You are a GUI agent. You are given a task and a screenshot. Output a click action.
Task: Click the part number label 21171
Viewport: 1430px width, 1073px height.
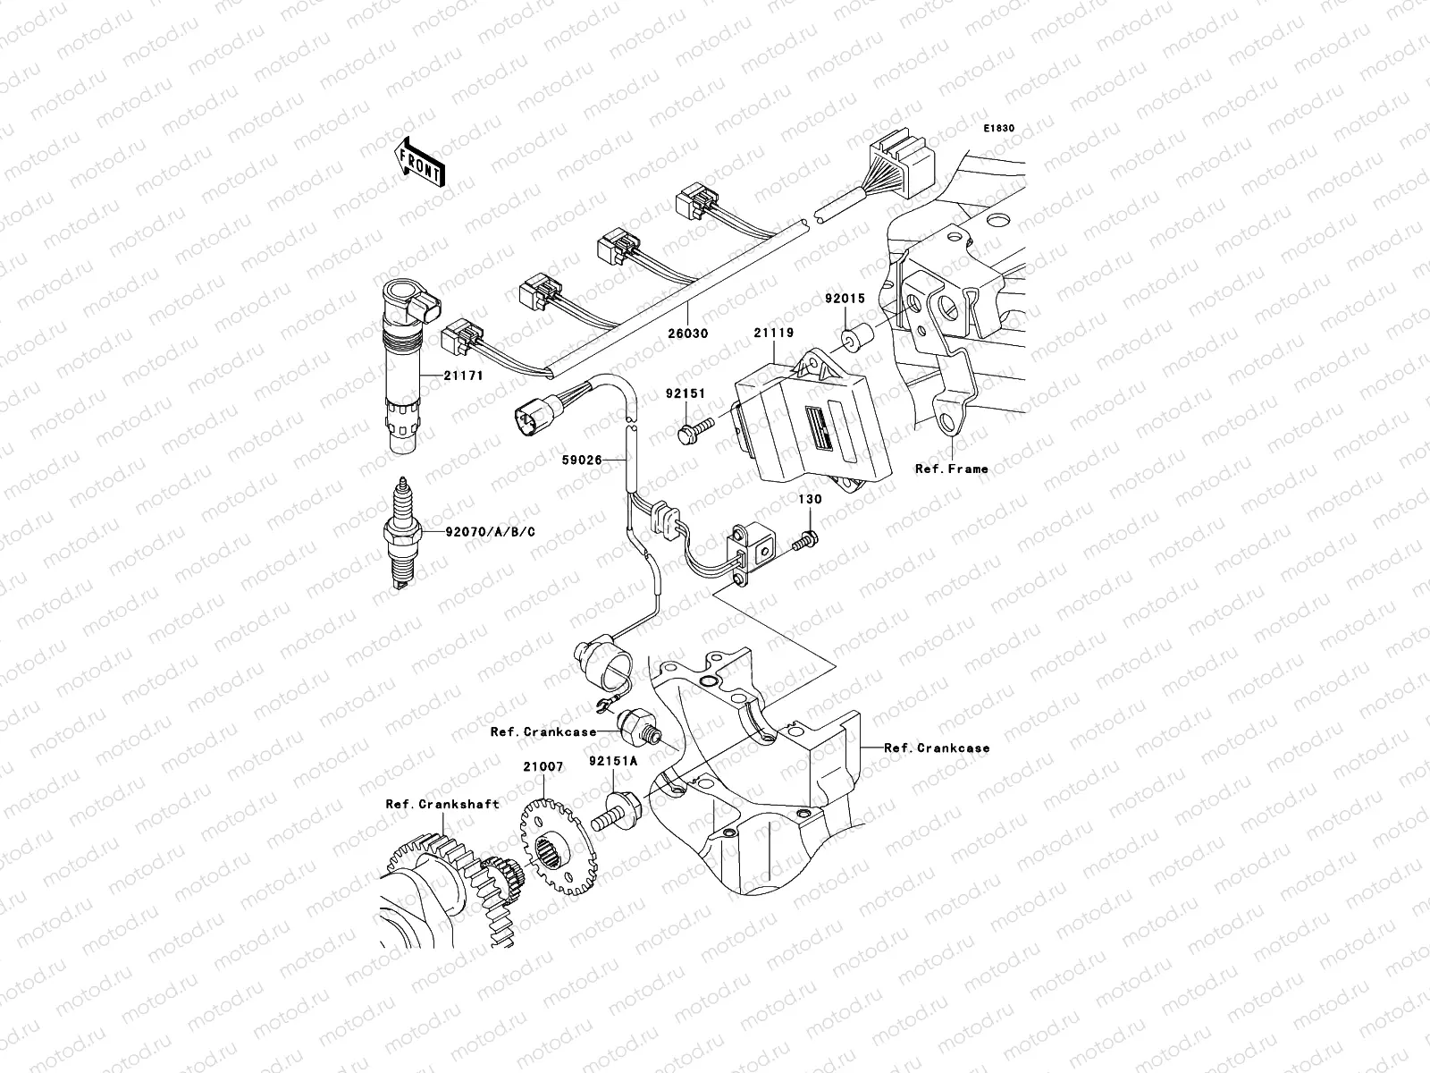point(463,376)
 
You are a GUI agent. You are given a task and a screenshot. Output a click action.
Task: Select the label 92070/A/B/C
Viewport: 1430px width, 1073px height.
point(491,532)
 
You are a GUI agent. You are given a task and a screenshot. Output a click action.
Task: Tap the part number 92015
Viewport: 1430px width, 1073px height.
point(845,299)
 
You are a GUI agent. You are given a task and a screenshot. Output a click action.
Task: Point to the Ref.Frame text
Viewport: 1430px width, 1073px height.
point(951,469)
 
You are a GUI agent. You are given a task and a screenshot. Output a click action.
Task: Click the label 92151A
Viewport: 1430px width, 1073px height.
point(613,762)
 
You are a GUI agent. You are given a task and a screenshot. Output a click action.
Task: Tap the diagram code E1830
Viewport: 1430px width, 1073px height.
point(999,129)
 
